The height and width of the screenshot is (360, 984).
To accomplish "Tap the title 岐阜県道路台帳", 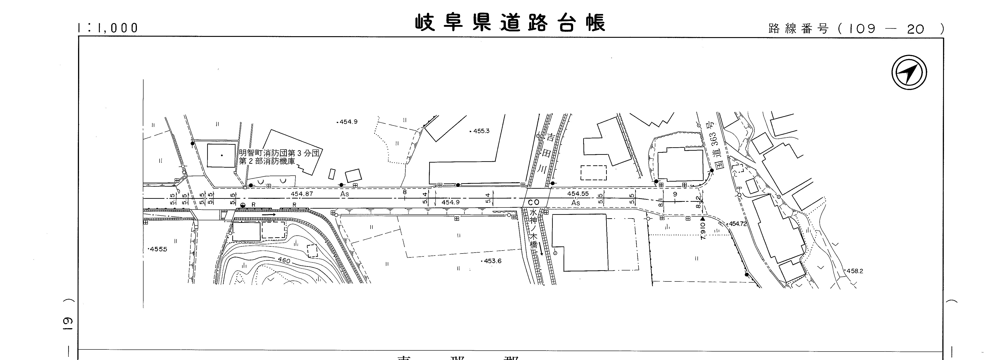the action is tap(510, 23).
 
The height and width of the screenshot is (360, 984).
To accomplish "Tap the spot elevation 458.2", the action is tap(854, 271).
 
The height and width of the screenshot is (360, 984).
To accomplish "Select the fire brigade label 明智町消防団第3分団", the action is tap(279, 153).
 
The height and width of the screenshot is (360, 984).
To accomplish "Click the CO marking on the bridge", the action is tap(533, 202).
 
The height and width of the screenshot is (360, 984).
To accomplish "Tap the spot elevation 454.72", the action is tap(737, 224).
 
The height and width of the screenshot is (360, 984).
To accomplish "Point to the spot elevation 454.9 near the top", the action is tap(348, 122).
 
